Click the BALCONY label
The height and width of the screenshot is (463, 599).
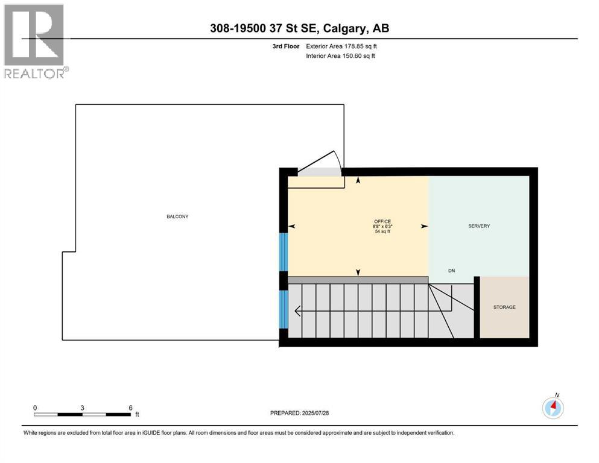[178, 216]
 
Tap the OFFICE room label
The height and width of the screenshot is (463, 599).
[382, 221]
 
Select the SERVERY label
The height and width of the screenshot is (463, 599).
[479, 226]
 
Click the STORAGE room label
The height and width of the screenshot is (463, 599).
[504, 307]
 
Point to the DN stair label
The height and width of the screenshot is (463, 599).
[451, 271]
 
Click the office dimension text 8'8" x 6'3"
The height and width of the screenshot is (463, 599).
[382, 226]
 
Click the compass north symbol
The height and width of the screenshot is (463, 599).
[553, 408]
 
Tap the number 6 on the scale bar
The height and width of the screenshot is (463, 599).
[131, 408]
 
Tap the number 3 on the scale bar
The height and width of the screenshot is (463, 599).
[82, 408]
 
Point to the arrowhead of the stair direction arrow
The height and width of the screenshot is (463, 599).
[297, 312]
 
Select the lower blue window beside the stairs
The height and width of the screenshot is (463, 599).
[282, 309]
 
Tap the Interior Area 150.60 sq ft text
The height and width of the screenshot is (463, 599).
[341, 55]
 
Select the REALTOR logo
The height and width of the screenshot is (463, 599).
[34, 40]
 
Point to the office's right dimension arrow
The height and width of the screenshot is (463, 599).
[424, 226]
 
